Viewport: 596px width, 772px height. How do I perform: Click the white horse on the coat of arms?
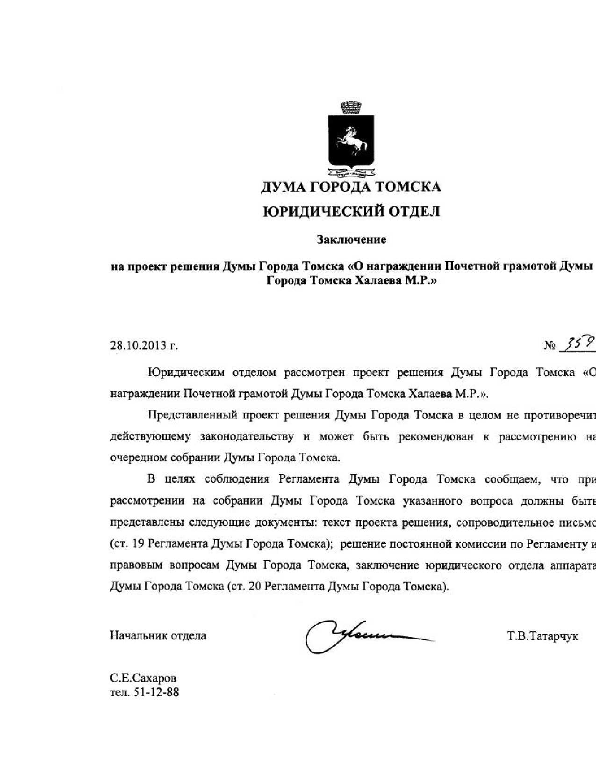coord(350,138)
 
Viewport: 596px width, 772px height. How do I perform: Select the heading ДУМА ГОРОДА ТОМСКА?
coord(350,187)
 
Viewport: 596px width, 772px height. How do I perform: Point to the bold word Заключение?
coord(352,240)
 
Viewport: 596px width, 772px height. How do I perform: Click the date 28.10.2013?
coord(139,346)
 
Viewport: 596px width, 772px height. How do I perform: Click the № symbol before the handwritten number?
coord(550,347)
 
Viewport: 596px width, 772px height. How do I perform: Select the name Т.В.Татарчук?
coord(542,636)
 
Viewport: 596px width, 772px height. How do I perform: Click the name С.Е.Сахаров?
coord(143,678)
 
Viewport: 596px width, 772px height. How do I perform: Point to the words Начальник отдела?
coord(158,636)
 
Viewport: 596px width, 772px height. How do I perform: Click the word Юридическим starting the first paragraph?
coord(186,373)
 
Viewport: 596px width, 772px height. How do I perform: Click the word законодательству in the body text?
coord(247,437)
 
